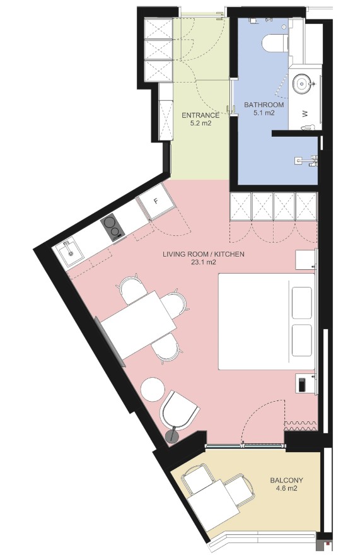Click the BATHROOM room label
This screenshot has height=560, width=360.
coord(264,105)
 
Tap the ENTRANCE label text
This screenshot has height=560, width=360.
coord(200,115)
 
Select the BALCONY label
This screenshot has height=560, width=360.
coord(286,481)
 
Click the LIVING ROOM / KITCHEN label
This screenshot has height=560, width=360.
coord(204,254)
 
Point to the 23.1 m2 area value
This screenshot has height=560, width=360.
coord(204,262)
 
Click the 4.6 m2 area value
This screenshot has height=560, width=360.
coord(286,489)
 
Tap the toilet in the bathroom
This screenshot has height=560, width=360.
coord(276,43)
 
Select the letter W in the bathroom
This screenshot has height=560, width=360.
coord(305,114)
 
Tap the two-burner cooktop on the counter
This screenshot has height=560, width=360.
coord(112,227)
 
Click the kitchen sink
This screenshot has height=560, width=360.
coord(69,252)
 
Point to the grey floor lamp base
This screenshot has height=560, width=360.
coord(173,436)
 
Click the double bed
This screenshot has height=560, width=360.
coord(267,322)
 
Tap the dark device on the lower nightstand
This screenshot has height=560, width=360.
coord(302,384)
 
